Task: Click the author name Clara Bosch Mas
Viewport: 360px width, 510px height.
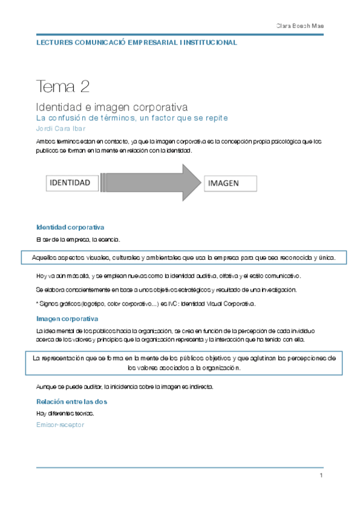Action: pos(299,26)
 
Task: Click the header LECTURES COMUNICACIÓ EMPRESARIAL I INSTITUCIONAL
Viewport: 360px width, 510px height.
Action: pos(137,43)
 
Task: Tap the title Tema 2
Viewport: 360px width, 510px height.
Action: pos(63,87)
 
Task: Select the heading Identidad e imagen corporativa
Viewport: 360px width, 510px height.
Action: pos(112,106)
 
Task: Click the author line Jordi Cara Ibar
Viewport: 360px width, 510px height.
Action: pos(61,128)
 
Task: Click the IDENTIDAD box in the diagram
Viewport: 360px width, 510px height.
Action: pos(70,182)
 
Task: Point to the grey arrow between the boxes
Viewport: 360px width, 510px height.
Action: pos(150,182)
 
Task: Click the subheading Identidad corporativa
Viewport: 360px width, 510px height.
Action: pos(70,227)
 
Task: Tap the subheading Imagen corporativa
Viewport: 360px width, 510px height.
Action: pos(67,319)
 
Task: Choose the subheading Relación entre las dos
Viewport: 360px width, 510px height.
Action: pos(72,401)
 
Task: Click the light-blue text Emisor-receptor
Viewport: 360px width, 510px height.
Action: pos(60,425)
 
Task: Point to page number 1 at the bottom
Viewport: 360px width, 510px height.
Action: pos(322,476)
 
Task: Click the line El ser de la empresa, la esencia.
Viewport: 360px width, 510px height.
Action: pos(79,240)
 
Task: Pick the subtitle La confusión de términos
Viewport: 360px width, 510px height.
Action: pos(132,118)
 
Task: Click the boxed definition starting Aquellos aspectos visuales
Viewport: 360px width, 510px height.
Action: pos(183,258)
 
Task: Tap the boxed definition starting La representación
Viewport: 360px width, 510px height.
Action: pos(183,362)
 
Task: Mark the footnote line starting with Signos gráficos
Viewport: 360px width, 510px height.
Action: pos(146,304)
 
